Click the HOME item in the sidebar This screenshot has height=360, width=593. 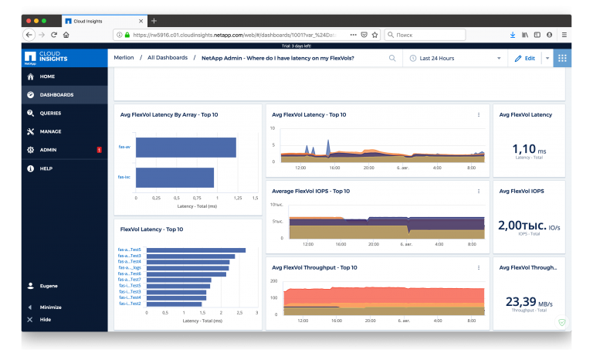(x=46, y=77)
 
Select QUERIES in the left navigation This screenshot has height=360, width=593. (x=49, y=114)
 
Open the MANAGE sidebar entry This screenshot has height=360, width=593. (x=49, y=131)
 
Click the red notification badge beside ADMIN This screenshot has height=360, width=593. (x=99, y=150)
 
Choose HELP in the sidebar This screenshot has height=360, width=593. (x=46, y=168)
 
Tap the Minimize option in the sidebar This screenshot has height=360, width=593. (x=49, y=307)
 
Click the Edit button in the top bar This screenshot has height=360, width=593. (x=525, y=58)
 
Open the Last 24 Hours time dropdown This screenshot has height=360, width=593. (x=456, y=58)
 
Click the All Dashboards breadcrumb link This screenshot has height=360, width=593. (x=167, y=58)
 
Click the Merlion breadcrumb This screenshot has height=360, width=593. (x=124, y=58)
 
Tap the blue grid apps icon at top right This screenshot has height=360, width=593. (x=562, y=58)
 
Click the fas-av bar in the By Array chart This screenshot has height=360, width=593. (x=185, y=148)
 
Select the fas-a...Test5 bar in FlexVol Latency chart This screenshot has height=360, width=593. (x=195, y=250)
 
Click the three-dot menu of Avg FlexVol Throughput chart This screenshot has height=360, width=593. (x=479, y=267)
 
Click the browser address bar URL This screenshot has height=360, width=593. (x=232, y=35)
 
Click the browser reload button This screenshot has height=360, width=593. (x=54, y=35)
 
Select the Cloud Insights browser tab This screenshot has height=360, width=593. (x=100, y=20)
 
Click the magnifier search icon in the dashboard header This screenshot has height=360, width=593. (x=392, y=58)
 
